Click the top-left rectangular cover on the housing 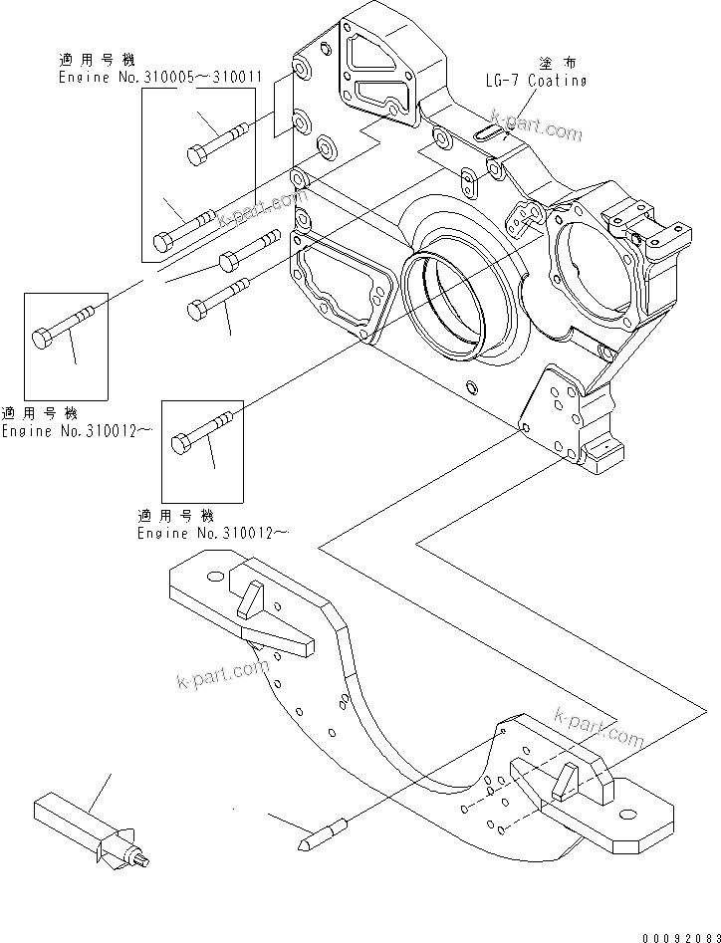[377, 73]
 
